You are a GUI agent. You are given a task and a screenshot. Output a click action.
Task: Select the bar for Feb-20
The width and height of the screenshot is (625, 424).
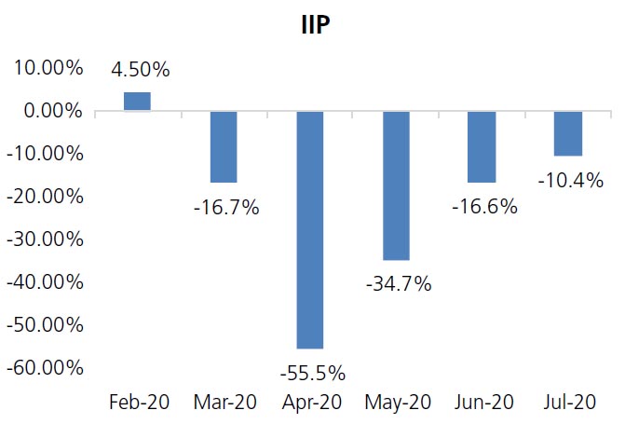point(137,102)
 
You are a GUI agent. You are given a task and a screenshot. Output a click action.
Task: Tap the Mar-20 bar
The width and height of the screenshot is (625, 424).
point(224,146)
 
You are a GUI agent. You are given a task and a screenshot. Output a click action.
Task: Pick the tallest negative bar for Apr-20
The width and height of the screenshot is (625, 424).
point(310,229)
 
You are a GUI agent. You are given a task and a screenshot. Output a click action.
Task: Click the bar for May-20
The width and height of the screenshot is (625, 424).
point(396,185)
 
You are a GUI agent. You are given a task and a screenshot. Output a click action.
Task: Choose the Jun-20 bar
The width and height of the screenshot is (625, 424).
point(482,146)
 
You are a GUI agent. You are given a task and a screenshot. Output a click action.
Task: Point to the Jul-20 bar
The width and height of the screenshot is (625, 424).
point(568,133)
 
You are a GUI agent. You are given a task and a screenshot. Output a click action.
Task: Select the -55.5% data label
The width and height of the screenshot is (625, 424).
point(312,374)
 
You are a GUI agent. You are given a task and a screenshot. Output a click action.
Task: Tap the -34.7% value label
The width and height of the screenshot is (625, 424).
point(399,284)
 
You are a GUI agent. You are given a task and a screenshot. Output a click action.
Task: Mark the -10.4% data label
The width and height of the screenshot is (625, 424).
point(570,180)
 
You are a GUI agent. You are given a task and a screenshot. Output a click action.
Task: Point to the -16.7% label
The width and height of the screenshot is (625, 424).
point(226,207)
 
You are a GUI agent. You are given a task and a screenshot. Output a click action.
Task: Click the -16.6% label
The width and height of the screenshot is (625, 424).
point(483,207)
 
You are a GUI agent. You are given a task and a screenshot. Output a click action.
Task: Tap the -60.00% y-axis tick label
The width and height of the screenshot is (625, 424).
point(46,367)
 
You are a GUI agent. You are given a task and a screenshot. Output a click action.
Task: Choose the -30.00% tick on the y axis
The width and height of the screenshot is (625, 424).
point(46,239)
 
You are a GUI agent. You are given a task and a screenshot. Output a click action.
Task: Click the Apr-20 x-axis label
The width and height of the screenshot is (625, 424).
point(310,403)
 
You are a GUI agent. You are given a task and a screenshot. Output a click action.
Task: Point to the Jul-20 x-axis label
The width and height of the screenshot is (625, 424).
point(568,403)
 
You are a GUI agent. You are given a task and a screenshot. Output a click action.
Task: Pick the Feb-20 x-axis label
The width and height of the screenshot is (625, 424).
point(138,403)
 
